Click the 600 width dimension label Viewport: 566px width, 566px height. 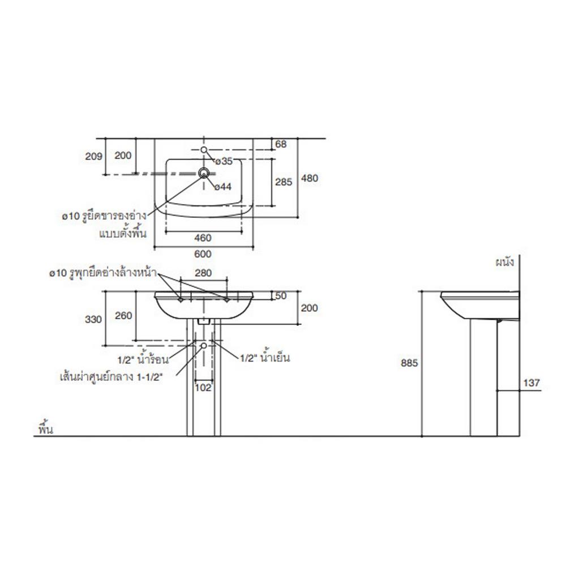tap(203, 254)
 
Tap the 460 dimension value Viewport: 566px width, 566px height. tap(203, 238)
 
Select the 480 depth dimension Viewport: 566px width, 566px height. tap(310, 178)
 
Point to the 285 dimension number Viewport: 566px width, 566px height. tap(284, 182)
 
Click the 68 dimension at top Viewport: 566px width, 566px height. tap(281, 144)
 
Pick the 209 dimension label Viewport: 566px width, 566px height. tap(93, 156)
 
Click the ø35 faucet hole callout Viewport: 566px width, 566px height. tap(224, 161)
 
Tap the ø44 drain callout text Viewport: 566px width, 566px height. tap(222, 187)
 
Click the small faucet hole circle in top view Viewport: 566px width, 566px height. tap(204, 149)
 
